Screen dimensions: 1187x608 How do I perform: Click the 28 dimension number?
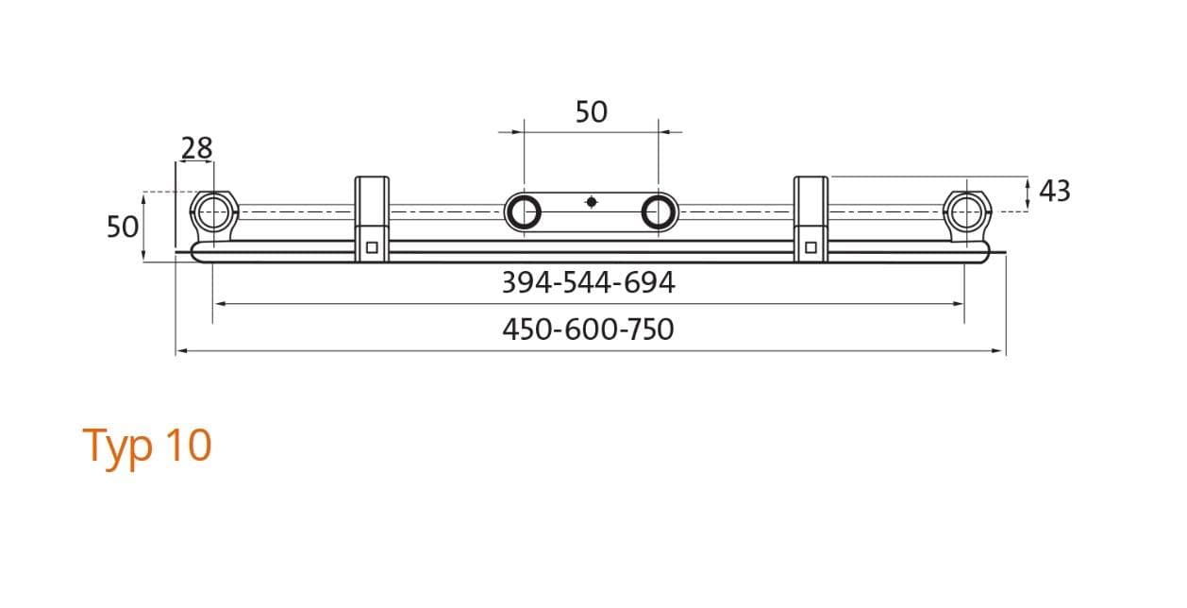[197, 148]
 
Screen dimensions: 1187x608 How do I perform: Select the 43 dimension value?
[1055, 191]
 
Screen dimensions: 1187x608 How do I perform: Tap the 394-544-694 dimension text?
[588, 282]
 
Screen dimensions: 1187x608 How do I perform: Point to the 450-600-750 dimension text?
[588, 329]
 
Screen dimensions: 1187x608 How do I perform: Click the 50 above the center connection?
[592, 111]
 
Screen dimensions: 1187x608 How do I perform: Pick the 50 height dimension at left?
[123, 227]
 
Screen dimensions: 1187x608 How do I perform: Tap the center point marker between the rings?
[592, 202]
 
